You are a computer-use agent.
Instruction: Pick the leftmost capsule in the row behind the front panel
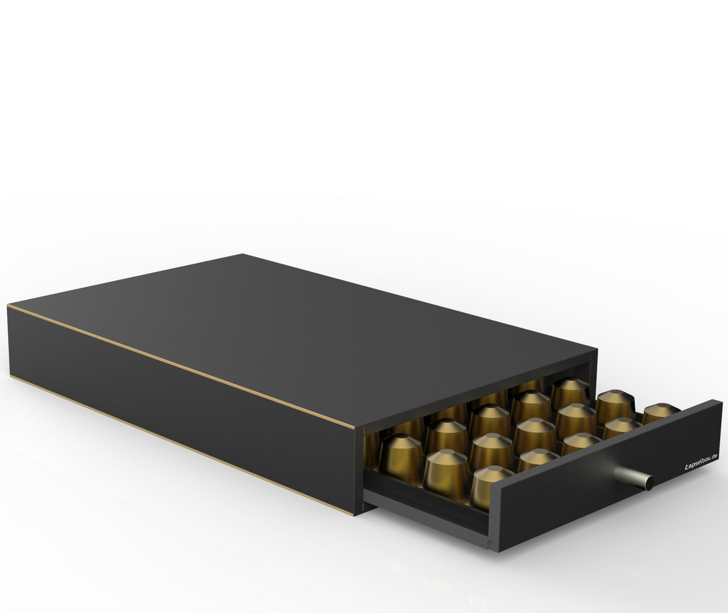(491, 483)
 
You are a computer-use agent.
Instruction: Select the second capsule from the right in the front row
(621, 427)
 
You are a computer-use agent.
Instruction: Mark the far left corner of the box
(8, 307)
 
